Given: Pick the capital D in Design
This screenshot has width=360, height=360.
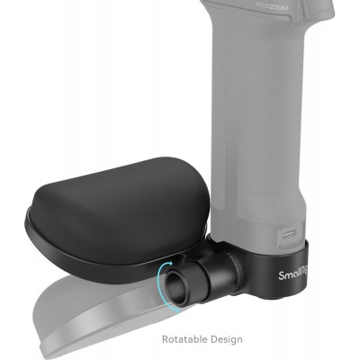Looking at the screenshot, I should coord(211,339).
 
